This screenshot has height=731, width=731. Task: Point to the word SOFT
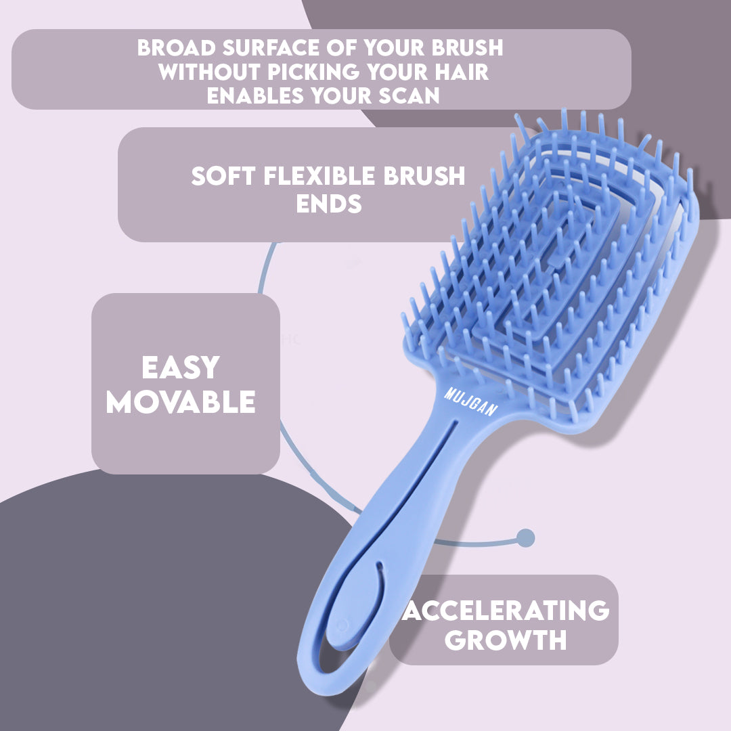(x=217, y=177)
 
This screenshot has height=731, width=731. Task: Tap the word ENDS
(x=328, y=204)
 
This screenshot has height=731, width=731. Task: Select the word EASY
(x=181, y=368)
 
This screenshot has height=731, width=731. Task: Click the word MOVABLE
(x=181, y=402)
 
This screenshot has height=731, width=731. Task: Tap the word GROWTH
(x=505, y=640)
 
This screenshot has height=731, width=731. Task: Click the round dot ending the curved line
(x=525, y=538)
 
